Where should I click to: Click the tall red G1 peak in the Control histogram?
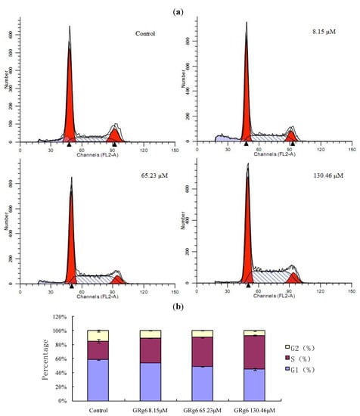coord(69,98)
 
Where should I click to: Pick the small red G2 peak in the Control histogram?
coord(114,135)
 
